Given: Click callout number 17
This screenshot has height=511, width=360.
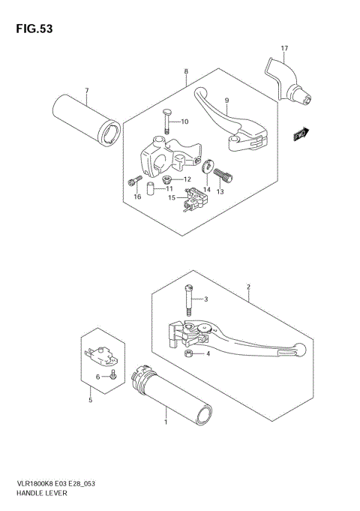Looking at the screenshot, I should [284, 49].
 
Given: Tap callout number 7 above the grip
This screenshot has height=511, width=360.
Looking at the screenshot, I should [87, 91].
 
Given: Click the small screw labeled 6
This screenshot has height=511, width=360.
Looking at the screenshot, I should [112, 374].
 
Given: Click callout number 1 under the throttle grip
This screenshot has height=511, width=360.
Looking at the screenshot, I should [166, 423].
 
